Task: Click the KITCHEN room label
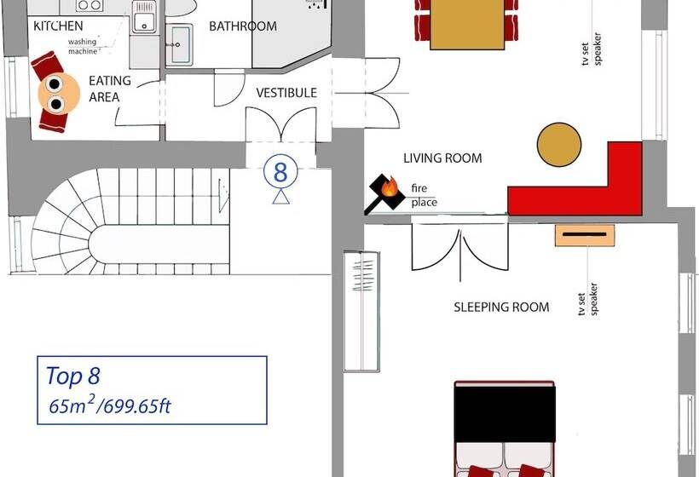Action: (58, 26)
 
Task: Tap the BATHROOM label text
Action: (243, 26)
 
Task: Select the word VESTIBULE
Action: (286, 92)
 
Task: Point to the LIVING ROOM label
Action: (442, 158)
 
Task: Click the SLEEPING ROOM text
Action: (501, 307)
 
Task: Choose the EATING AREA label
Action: (109, 89)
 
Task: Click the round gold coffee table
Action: (560, 146)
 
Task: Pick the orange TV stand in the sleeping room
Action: (585, 234)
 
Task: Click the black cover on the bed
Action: (505, 412)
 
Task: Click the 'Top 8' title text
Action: (75, 376)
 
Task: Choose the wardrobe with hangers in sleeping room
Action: (362, 311)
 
